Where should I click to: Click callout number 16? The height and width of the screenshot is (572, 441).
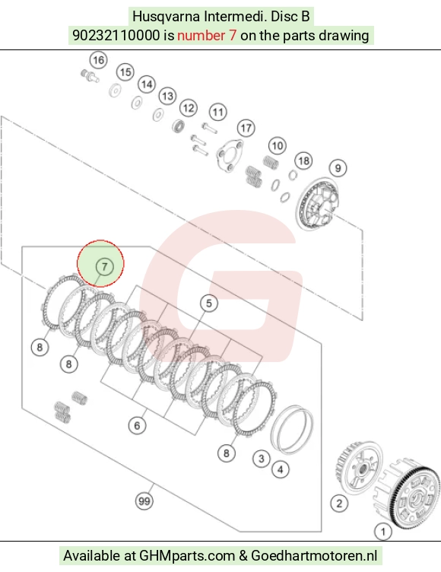pos(99,60)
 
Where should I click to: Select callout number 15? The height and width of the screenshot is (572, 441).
pos(125,72)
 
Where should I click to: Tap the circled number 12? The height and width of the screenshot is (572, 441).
pos(189,108)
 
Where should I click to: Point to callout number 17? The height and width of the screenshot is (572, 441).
pos(246,128)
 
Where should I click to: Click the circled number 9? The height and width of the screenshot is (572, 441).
pos(338,168)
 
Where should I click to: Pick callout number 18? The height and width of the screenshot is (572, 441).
pos(304,161)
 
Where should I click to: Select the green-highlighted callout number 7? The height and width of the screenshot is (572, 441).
pos(105,267)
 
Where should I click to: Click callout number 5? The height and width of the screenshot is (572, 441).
pos(208,303)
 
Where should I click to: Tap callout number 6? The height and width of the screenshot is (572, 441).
pos(137,425)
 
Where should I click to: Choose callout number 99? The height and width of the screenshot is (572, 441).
pos(144,501)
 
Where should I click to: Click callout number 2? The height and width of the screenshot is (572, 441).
pos(339,504)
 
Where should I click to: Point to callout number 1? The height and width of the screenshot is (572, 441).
pos(383,532)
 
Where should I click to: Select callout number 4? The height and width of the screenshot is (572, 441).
pos(280,469)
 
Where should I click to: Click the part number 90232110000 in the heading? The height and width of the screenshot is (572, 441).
pos(116,36)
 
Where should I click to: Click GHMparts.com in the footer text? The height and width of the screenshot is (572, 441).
pos(187,556)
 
